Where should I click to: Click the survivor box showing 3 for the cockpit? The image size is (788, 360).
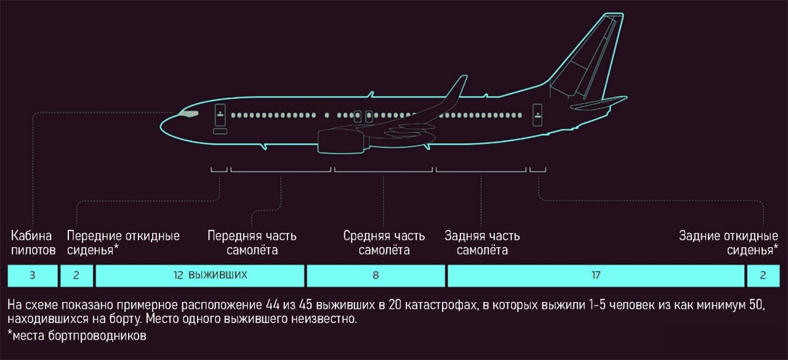(x=32, y=276)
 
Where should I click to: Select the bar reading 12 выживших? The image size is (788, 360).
(x=200, y=276)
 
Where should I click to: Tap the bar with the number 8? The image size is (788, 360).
(x=376, y=276)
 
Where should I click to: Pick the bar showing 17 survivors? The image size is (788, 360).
(x=596, y=276)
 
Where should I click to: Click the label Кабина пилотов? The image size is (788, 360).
(x=33, y=242)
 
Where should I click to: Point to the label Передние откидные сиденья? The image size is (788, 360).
(x=123, y=242)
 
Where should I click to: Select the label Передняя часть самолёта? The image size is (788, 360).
(x=252, y=242)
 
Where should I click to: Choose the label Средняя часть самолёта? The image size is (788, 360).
(x=385, y=242)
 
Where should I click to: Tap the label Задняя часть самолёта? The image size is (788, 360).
(x=482, y=242)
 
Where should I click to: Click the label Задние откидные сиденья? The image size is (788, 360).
(x=728, y=242)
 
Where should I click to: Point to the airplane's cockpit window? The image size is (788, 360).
(x=189, y=115)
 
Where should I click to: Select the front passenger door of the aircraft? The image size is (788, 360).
(x=220, y=115)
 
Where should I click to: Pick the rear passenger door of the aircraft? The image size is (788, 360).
(x=538, y=115)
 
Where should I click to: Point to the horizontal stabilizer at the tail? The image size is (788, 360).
(x=598, y=102)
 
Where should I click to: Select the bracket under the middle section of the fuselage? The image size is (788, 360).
(x=383, y=170)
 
